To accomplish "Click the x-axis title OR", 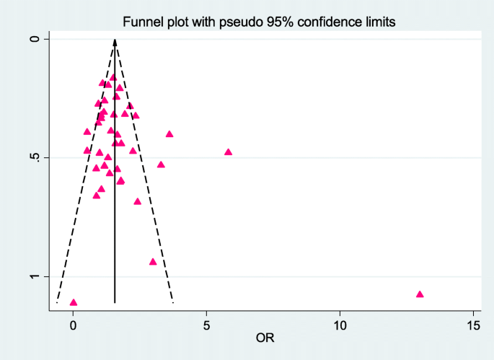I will pos(265,337).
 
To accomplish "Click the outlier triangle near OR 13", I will pos(420,294).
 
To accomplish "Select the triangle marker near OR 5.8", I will pos(228,152).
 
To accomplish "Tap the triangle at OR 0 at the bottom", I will pos(73,302).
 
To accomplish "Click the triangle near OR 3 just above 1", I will pos(153,262).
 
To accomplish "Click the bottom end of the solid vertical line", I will pos(115,303).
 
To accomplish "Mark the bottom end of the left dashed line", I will pos(57,303).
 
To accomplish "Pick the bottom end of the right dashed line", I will pos(172,303).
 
